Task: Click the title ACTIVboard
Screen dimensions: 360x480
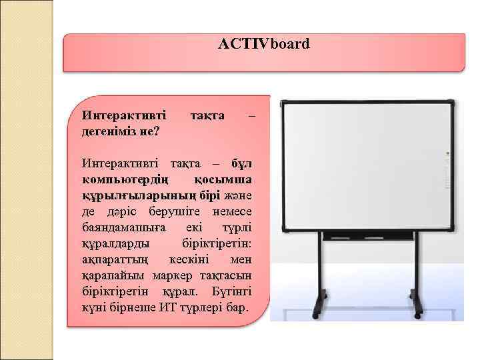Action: [x=263, y=45]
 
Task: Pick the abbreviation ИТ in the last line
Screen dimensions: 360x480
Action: [x=169, y=310]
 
